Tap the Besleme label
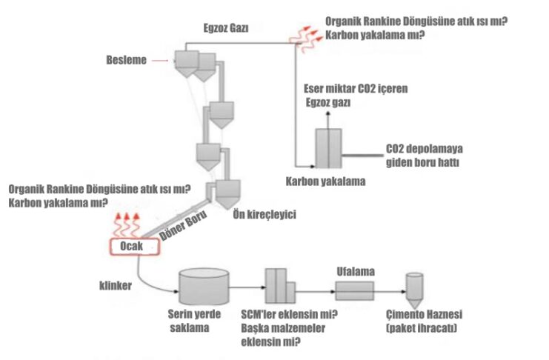pyautogui.click(x=127, y=60)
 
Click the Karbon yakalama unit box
pyautogui.click(x=327, y=150)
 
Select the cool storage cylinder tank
pyautogui.click(x=204, y=285)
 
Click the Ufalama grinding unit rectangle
pyautogui.click(x=354, y=286)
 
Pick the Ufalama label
pyautogui.click(x=351, y=269)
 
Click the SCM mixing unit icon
pyautogui.click(x=280, y=285)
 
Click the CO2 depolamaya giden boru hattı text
pyautogui.click(x=419, y=155)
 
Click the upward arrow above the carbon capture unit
pyautogui.click(x=324, y=118)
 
